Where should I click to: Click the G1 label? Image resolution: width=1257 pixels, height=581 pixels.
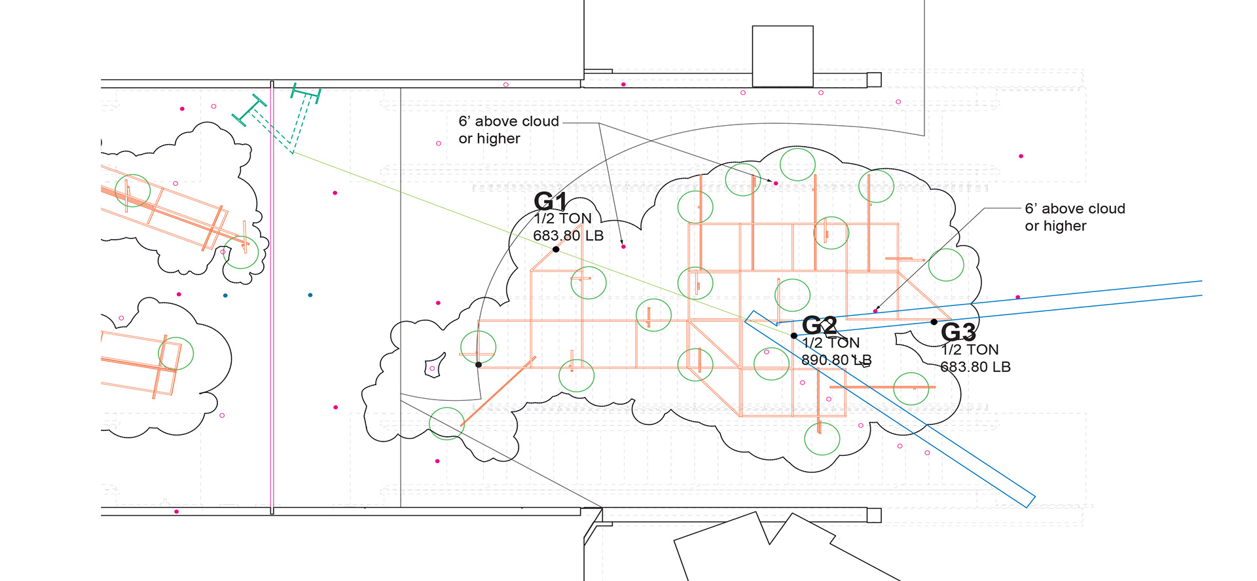pos(551,201)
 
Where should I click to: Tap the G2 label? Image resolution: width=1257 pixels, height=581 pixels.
pos(819,325)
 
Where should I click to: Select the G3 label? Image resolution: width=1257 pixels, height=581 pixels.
pos(958,332)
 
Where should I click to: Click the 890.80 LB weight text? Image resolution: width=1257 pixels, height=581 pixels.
pos(836,360)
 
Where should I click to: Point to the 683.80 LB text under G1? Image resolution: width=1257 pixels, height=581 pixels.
pos(568,236)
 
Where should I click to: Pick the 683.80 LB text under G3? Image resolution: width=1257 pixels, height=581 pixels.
pos(975,367)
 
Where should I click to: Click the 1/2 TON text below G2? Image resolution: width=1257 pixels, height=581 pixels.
pos(831,343)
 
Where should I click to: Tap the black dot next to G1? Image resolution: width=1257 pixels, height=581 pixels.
pos(556,250)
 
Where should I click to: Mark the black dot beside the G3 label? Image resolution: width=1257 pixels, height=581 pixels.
pos(934,322)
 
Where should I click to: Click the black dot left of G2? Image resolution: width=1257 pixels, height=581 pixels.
pos(794,335)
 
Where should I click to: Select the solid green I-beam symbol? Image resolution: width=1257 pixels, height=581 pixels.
pos(249,110)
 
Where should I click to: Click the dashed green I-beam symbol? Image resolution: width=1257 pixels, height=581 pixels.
pos(305,94)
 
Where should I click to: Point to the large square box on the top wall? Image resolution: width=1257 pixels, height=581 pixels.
pos(782,56)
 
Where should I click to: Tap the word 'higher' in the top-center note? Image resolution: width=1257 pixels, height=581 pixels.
pos(498,139)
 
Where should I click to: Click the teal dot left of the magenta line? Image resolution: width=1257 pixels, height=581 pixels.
pos(225,295)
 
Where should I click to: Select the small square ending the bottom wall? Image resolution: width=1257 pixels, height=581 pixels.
pos(874,515)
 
